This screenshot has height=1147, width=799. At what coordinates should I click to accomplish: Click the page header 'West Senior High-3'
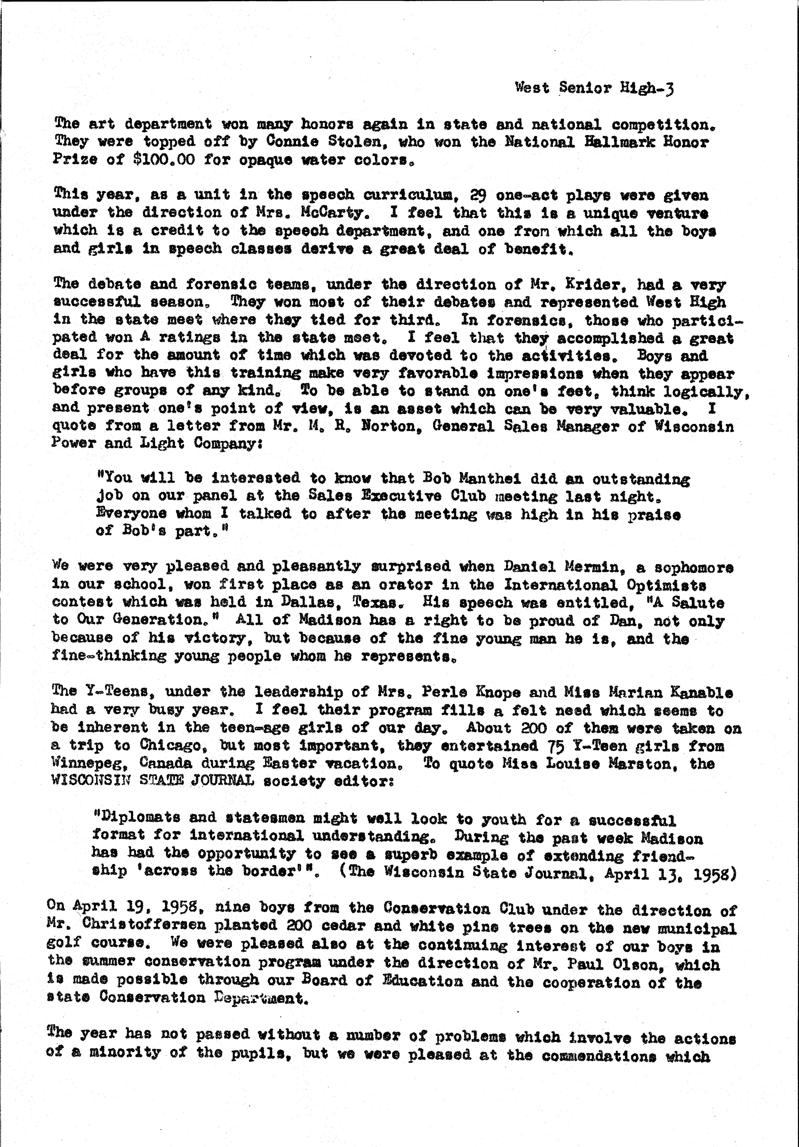pos(594,88)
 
